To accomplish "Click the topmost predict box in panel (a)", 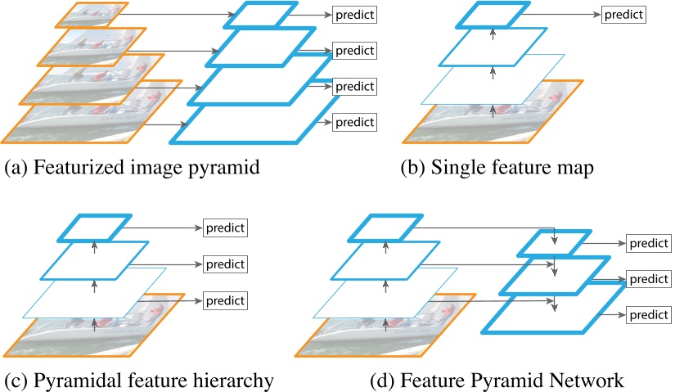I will point(353,15).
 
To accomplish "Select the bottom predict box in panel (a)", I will point(353,122).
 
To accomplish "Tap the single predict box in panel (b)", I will point(623,15).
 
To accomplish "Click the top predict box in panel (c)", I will point(224,228).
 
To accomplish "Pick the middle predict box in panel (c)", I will point(224,264).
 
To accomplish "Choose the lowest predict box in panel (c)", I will point(224,300).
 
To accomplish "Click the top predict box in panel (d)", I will point(648,243).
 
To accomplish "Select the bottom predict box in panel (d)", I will point(648,314).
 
